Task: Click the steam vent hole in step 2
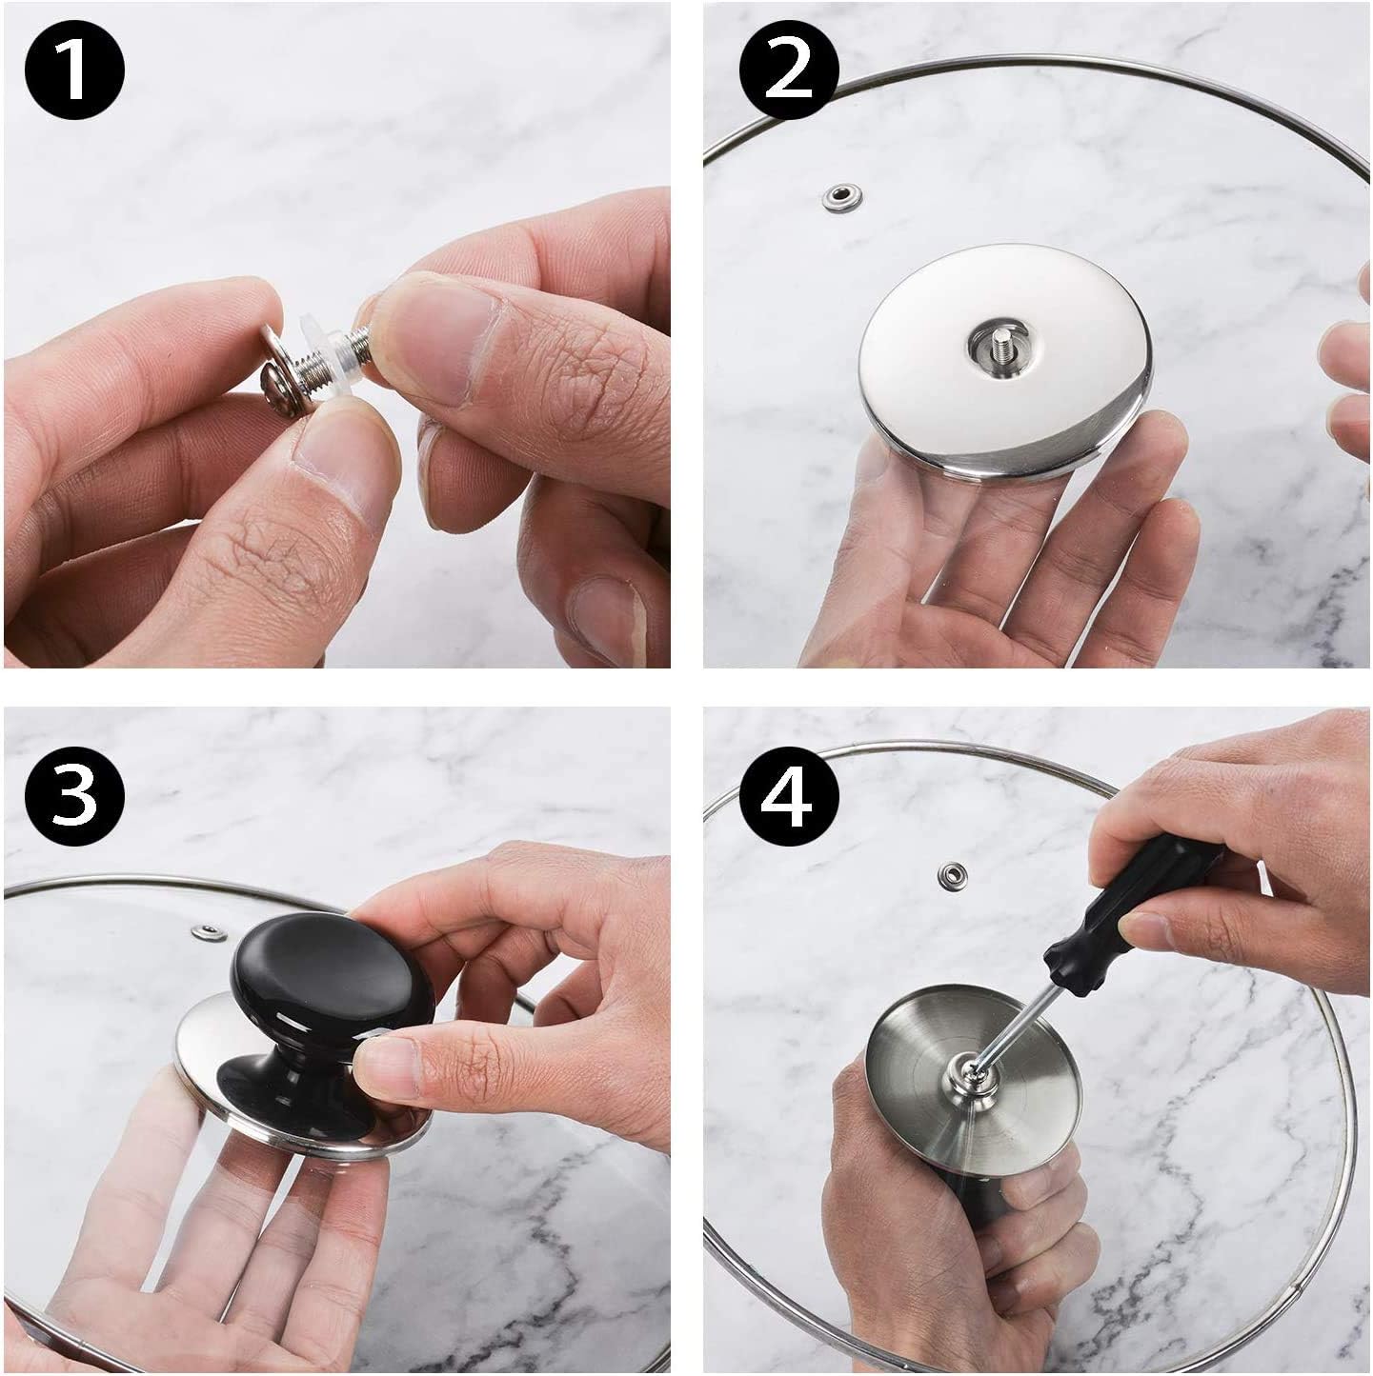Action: (842, 197)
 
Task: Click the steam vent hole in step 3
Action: (210, 931)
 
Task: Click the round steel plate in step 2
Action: (1005, 356)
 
